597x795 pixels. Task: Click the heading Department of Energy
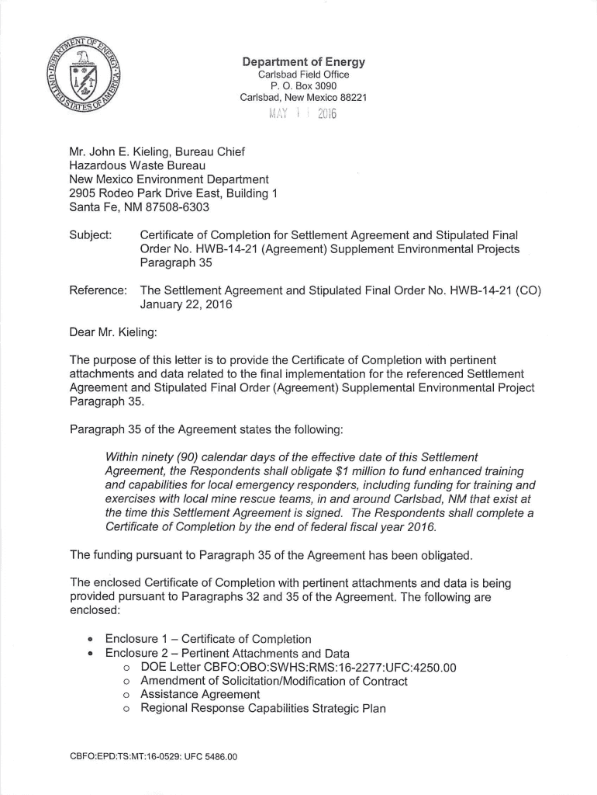(303, 62)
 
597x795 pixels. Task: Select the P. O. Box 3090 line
(303, 86)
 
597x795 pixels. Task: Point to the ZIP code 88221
(350, 98)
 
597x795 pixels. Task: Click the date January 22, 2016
(185, 304)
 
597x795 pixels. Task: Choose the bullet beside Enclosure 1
(89, 640)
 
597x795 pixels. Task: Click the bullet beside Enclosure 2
(89, 654)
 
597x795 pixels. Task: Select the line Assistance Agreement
(200, 695)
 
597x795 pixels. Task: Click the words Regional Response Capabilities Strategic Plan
(263, 709)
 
